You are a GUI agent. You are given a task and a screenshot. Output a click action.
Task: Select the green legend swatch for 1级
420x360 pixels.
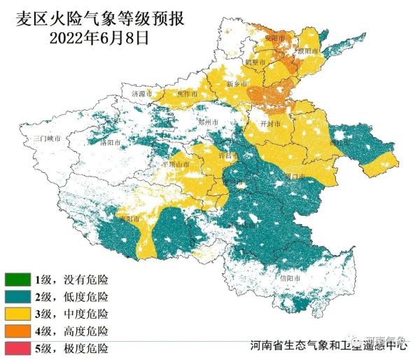pyautogui.click(x=17, y=279)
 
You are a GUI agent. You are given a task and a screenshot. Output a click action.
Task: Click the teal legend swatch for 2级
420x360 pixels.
pyautogui.click(x=17, y=296)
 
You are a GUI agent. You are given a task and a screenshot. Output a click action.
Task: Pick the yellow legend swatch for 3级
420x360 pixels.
pyautogui.click(x=17, y=313)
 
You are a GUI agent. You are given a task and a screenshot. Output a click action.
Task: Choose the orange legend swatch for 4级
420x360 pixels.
pyautogui.click(x=17, y=330)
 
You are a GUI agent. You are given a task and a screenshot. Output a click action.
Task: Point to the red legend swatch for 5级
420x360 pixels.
pyautogui.click(x=17, y=347)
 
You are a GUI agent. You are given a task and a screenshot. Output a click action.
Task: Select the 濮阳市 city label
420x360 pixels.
pyautogui.click(x=307, y=52)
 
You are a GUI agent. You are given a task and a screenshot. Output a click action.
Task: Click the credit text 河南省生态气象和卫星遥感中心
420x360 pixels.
pyautogui.click(x=329, y=345)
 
